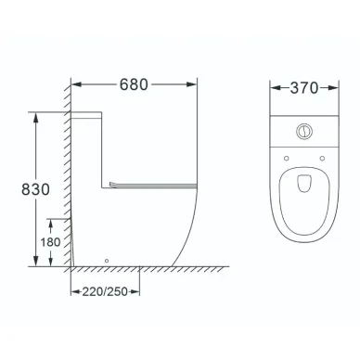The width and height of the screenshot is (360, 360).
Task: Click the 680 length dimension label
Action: [134, 84]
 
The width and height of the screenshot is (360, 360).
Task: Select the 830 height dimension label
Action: [35, 189]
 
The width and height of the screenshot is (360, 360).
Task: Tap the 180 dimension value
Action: [50, 242]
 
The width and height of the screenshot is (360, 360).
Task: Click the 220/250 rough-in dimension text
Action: [105, 291]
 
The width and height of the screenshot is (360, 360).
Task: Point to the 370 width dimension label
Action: [304, 88]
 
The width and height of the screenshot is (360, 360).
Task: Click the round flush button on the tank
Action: [304, 131]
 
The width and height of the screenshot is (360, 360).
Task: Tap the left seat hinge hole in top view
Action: [287, 159]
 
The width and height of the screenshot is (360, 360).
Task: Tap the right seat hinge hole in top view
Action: [322, 159]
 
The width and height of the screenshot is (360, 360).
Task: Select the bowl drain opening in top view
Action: [304, 184]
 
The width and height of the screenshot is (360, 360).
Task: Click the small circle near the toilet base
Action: [107, 261]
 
